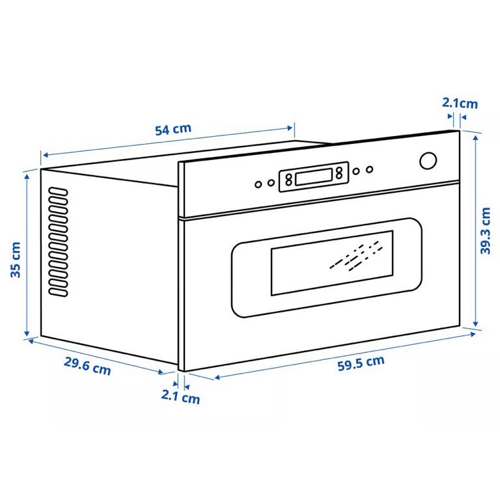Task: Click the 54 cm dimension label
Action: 173,129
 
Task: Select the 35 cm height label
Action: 16,260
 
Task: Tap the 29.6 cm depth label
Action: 87,366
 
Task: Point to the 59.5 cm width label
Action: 361,363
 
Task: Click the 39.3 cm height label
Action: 485,230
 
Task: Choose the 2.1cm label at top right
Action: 460,104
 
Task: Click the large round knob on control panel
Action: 428,161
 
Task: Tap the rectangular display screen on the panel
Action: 314,177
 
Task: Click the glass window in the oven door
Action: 332,263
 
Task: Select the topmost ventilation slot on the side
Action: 58,191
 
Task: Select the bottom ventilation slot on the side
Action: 58,292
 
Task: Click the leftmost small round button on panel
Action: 258,184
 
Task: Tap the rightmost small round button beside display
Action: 369,169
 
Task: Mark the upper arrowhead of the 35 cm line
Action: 27,176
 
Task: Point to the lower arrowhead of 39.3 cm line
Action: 475,324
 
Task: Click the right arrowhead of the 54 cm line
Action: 290,128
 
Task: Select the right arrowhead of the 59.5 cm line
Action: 473,334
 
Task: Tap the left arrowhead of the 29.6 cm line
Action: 31,341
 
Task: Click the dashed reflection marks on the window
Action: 356,256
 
